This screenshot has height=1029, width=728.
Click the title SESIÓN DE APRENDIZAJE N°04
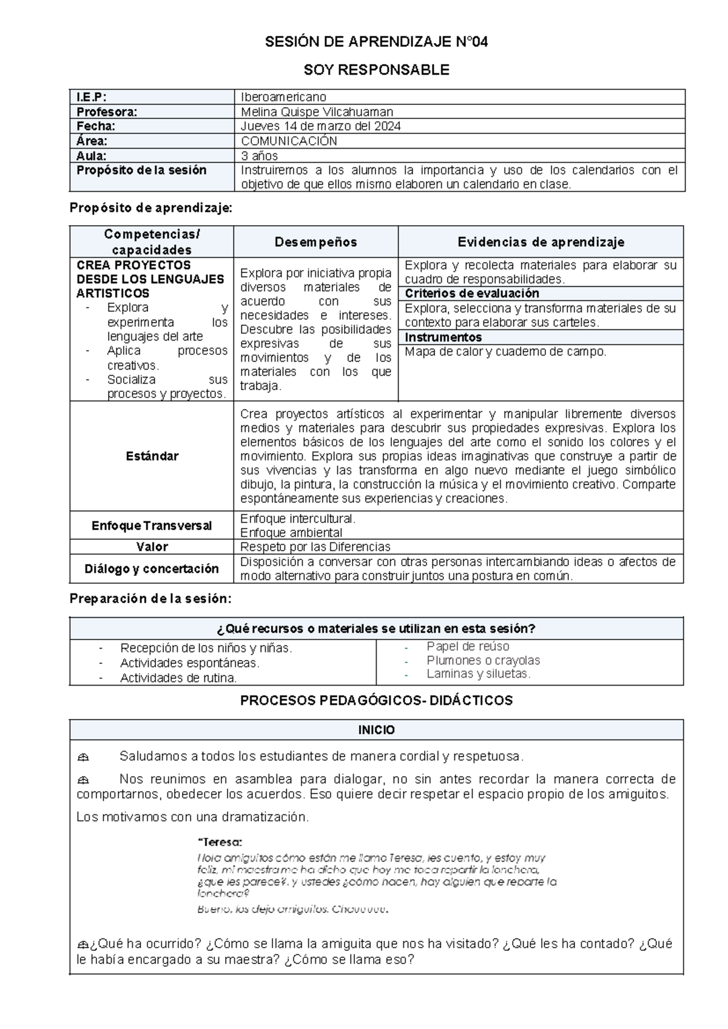click(x=376, y=42)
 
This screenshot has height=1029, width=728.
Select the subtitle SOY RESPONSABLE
click(x=376, y=70)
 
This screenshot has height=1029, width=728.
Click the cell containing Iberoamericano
click(x=283, y=97)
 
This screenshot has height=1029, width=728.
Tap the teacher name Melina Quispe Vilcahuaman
click(x=317, y=112)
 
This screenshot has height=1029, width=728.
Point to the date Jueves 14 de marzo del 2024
click(x=320, y=126)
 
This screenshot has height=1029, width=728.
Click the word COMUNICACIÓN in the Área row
click(x=289, y=141)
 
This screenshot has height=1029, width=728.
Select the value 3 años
click(x=260, y=155)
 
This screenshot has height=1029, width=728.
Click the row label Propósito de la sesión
click(x=141, y=170)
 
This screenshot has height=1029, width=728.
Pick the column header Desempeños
click(x=315, y=242)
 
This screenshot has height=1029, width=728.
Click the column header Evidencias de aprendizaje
click(x=541, y=242)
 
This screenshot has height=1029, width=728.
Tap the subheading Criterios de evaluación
click(x=463, y=294)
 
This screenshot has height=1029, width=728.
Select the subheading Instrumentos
click(x=443, y=337)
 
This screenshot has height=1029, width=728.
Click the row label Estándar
click(x=152, y=456)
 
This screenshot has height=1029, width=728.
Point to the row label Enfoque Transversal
click(x=152, y=525)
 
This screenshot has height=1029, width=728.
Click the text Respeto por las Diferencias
click(x=315, y=547)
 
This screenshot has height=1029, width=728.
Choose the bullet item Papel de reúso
click(x=468, y=646)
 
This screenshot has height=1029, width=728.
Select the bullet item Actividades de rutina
click(x=178, y=678)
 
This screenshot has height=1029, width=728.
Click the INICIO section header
click(x=376, y=730)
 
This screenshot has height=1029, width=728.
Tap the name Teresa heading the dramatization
click(x=220, y=842)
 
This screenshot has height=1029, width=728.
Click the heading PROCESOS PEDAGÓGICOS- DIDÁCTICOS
click(x=376, y=701)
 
